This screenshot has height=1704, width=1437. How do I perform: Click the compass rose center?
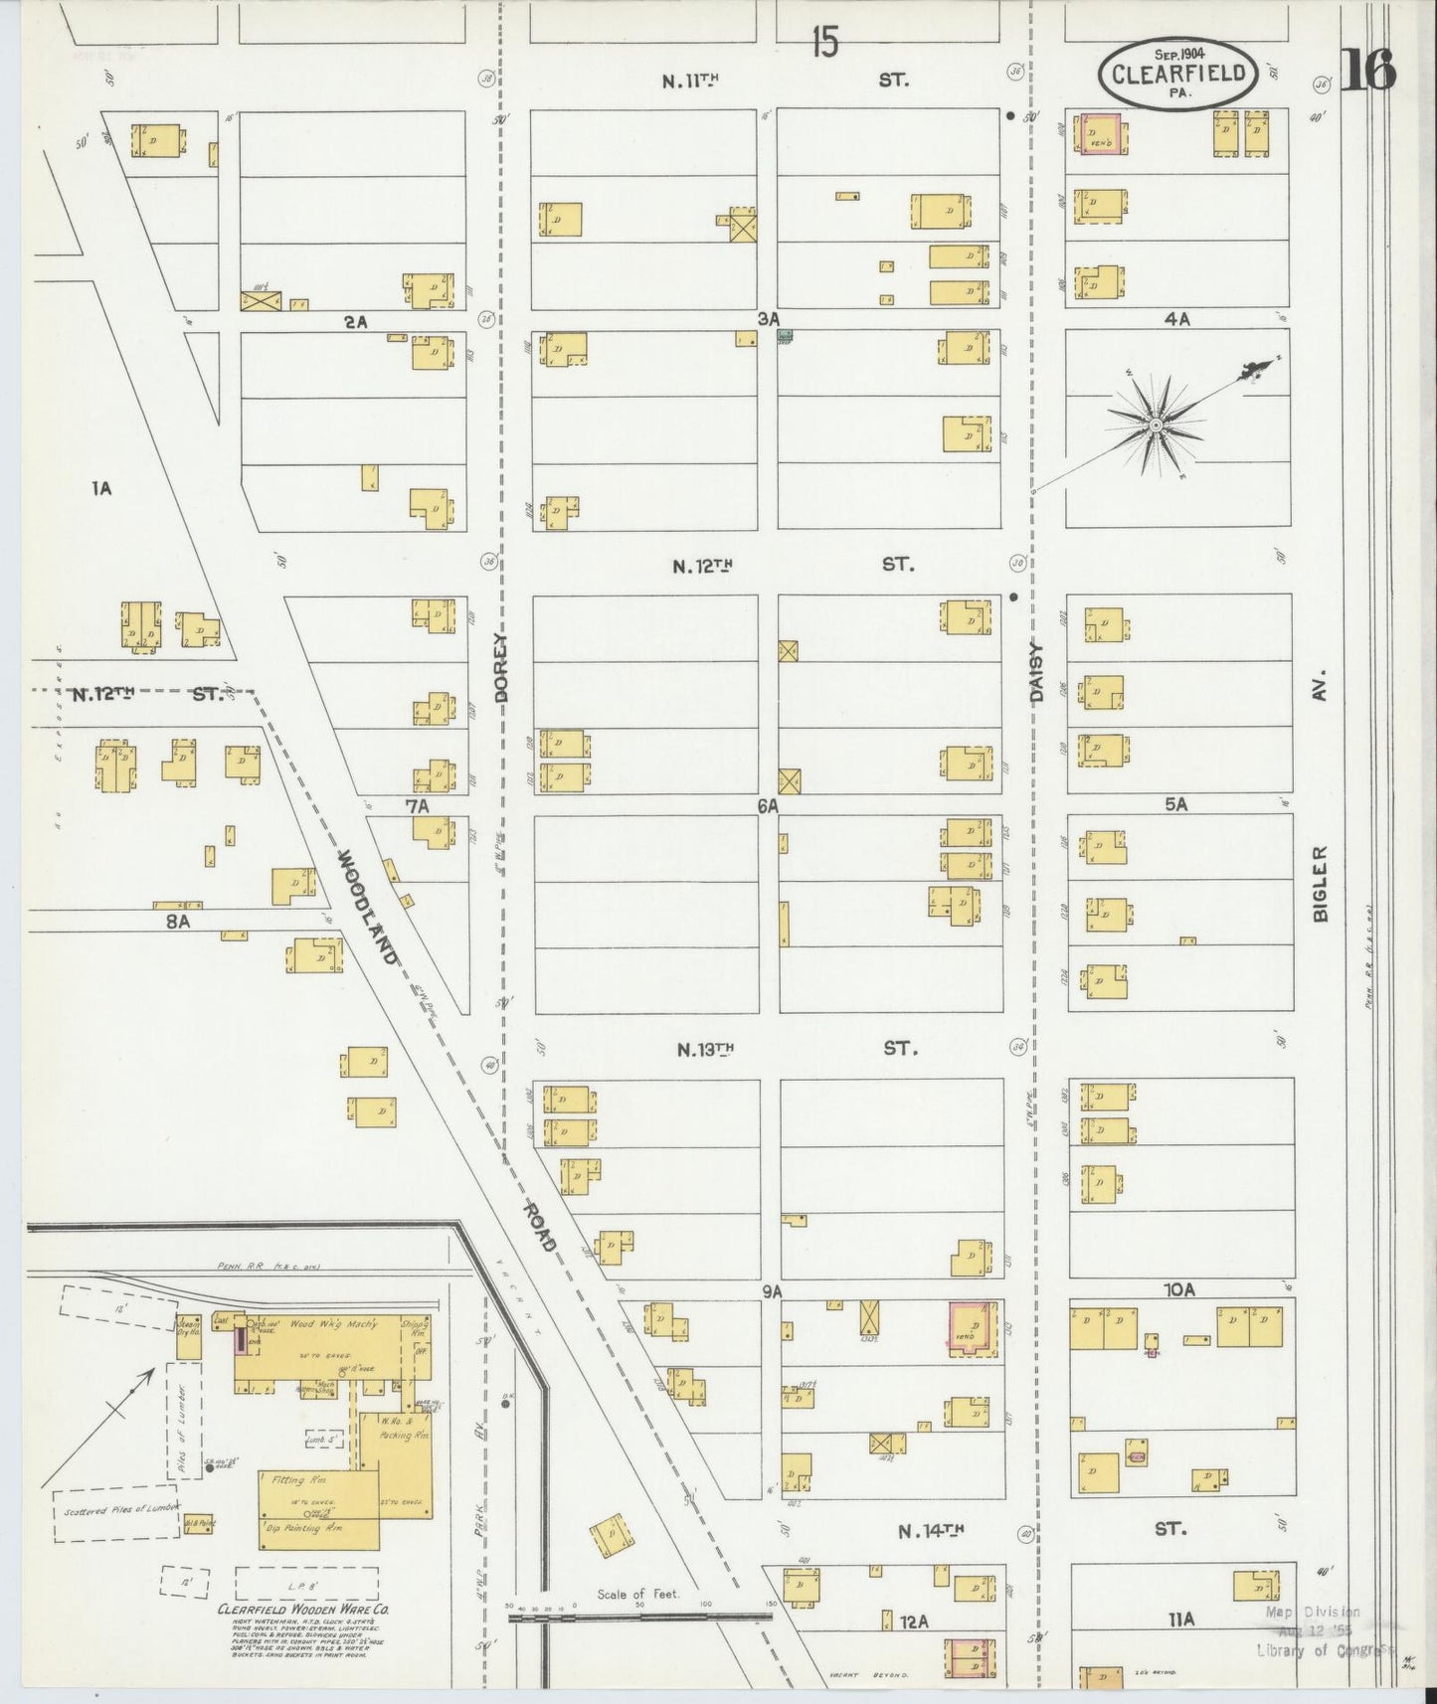point(1157,426)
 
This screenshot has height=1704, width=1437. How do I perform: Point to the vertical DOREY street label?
point(500,669)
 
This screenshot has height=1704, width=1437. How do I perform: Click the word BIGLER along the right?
point(1321,884)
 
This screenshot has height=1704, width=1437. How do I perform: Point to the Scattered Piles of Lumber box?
point(113,1514)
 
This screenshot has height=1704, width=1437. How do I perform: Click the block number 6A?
point(767,807)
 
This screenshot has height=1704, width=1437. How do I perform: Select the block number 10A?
point(1178,1290)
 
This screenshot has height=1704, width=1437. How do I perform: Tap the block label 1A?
point(100,488)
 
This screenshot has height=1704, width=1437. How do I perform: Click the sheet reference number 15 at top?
point(824,42)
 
